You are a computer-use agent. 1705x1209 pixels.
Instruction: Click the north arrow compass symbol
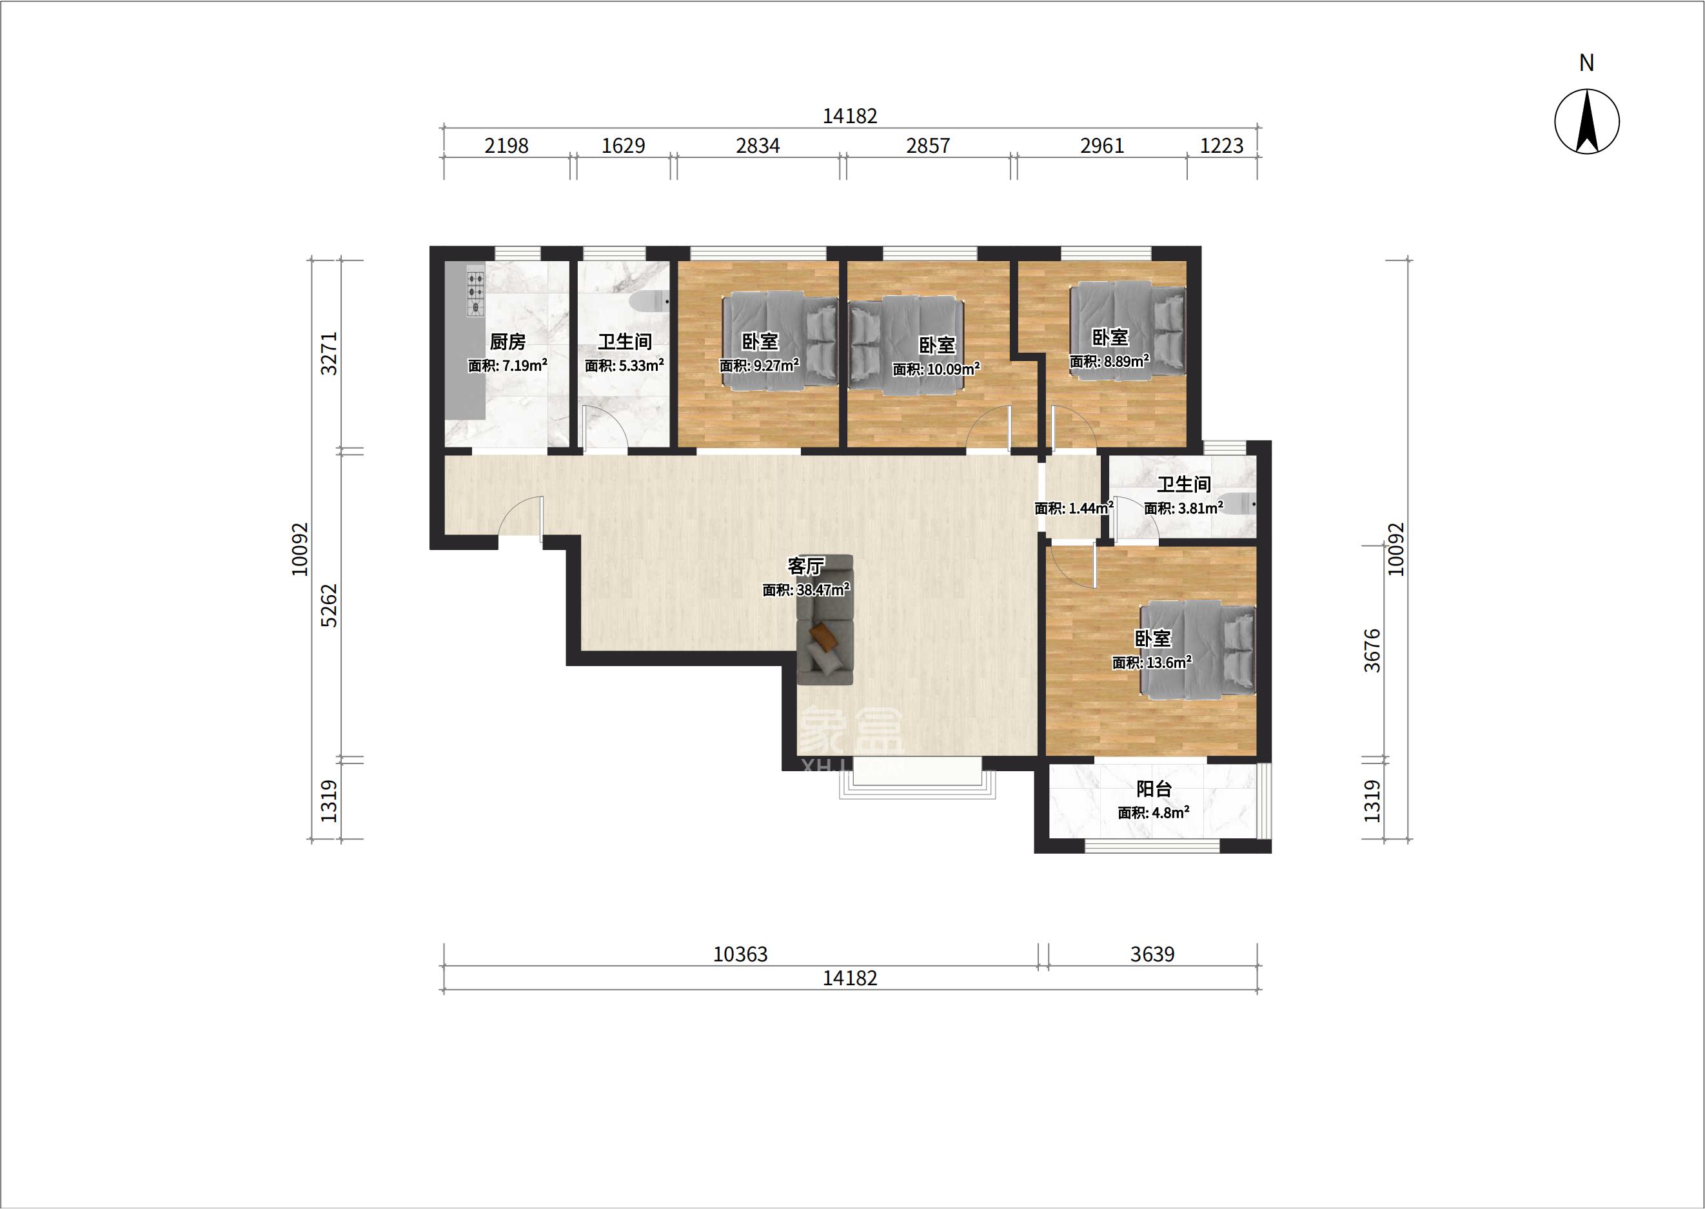pos(1586,121)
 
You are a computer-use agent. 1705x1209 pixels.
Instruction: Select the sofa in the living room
pos(824,620)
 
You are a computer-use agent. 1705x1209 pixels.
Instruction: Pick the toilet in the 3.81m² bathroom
pos(1237,504)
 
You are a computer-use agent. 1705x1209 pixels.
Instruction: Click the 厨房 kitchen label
pos(508,342)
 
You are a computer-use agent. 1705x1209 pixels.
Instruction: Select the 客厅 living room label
pos(805,567)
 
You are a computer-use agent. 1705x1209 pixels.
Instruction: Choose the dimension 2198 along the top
pos(506,146)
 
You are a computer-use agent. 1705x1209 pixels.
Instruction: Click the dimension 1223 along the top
pos(1222,146)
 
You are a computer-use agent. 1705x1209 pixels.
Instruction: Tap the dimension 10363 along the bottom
pos(740,954)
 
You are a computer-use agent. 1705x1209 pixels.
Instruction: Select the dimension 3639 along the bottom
pos(1152,954)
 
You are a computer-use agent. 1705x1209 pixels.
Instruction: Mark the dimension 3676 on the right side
pos(1372,651)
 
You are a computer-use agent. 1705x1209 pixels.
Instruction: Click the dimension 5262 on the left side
pos(328,605)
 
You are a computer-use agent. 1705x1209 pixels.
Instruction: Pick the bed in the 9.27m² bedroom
pos(780,340)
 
